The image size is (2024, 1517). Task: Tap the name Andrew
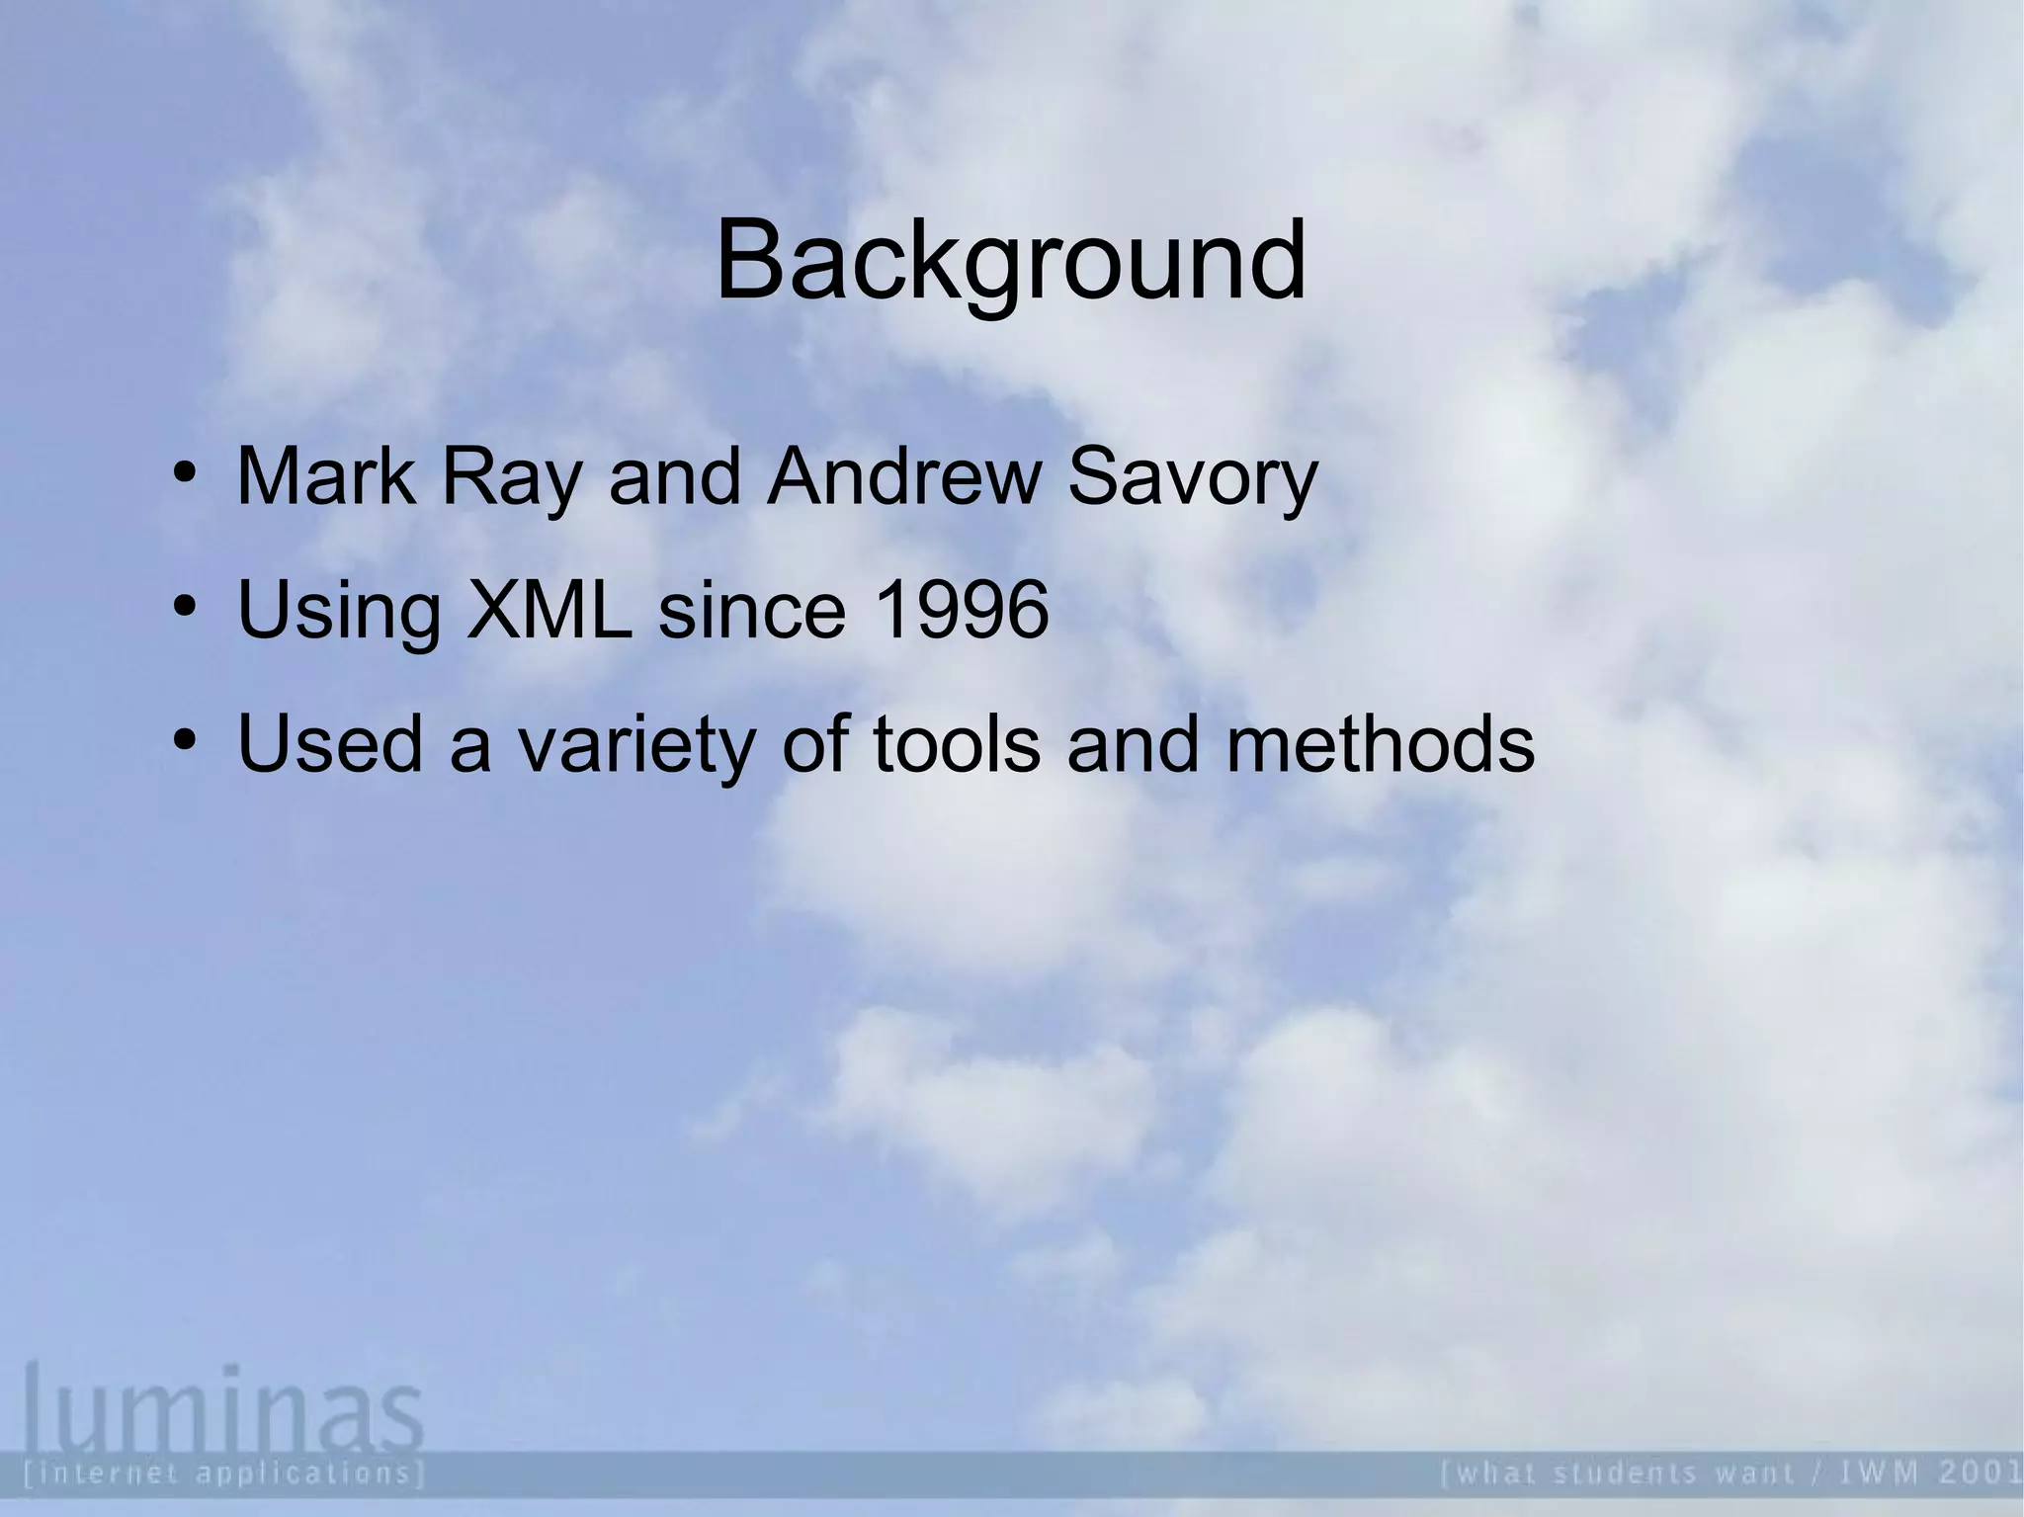pos(903,477)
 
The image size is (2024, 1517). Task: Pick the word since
pos(752,610)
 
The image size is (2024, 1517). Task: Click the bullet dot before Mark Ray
pos(184,471)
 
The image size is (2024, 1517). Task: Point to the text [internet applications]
pos(223,1473)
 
